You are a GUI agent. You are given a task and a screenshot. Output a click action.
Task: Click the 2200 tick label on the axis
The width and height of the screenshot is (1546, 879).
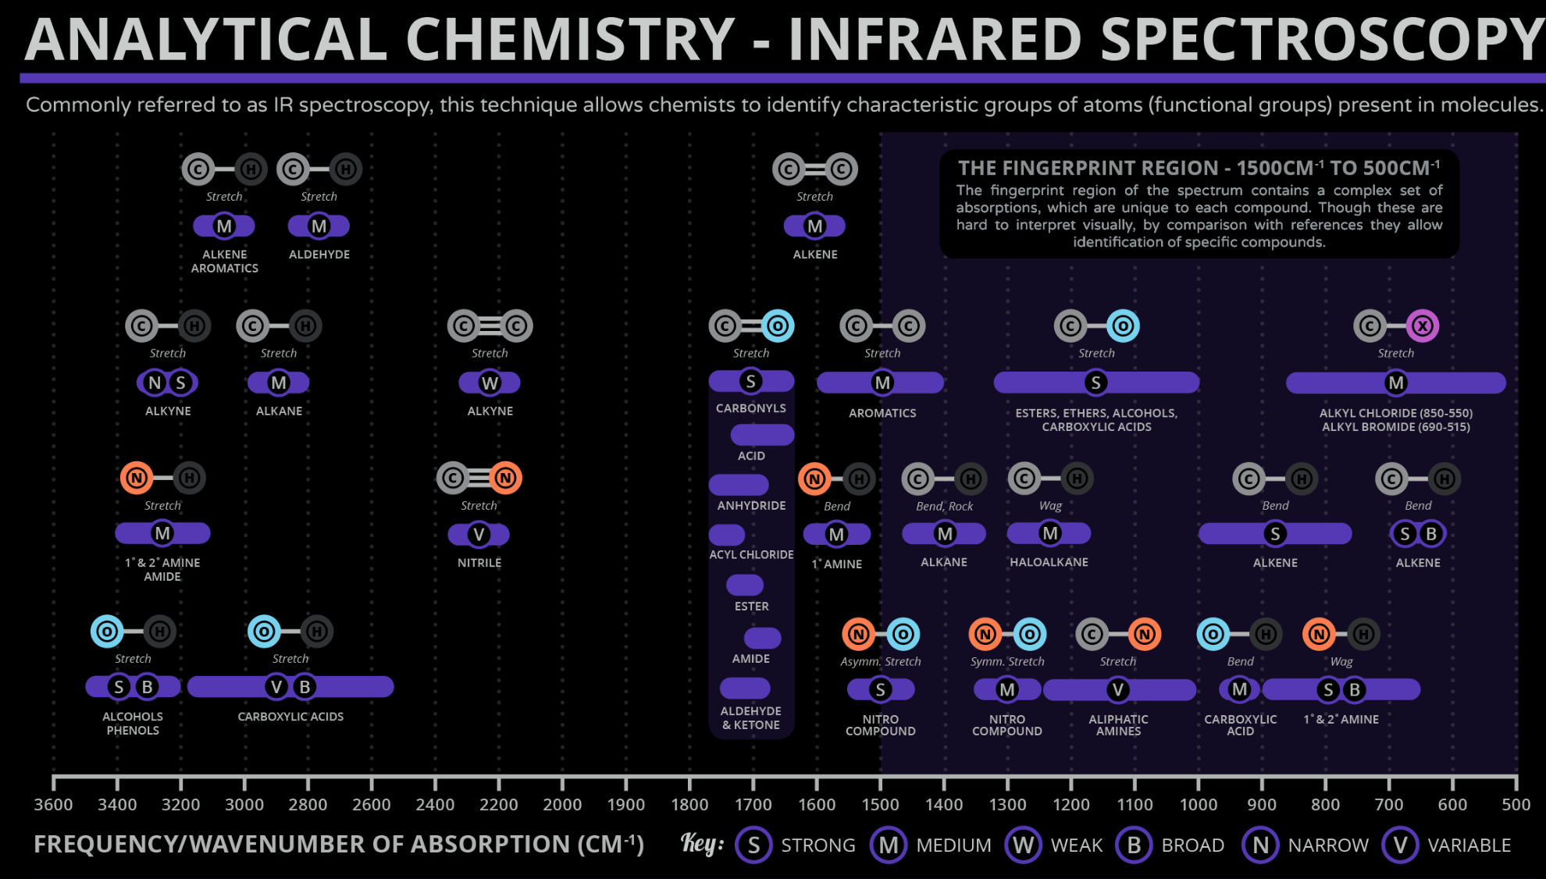coord(498,805)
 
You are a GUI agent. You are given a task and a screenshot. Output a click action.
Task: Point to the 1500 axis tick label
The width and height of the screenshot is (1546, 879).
coord(880,805)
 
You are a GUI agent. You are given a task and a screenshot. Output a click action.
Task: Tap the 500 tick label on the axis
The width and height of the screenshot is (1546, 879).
coord(1516,805)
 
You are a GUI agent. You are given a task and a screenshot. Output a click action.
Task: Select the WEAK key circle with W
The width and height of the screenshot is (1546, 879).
coord(1023,845)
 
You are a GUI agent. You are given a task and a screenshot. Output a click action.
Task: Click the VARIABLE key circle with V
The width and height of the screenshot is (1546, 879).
coord(1400,845)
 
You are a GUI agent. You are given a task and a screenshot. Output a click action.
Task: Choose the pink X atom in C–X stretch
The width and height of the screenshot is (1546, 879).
coord(1422,326)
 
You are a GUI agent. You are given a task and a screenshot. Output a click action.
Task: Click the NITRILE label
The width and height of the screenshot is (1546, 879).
coord(479,563)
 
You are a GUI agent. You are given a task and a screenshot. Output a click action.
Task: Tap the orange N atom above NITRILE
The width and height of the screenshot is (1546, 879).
coord(505,478)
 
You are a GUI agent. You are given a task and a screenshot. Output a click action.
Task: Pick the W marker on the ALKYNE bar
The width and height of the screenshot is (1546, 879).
coord(490,383)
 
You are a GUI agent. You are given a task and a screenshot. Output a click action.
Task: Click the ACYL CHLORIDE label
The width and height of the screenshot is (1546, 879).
coord(751,554)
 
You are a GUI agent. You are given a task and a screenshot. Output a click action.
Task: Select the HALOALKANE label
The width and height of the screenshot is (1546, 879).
coord(1049,562)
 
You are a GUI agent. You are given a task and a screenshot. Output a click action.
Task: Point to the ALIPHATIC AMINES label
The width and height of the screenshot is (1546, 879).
coord(1118,725)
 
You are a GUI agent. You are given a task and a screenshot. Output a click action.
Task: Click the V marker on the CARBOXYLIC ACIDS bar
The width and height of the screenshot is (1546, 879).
coord(276,687)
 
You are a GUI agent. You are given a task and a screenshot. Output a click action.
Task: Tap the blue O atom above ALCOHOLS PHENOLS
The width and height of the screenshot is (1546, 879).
coord(107,632)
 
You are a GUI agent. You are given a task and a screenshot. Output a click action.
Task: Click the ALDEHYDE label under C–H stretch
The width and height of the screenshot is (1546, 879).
coord(319,254)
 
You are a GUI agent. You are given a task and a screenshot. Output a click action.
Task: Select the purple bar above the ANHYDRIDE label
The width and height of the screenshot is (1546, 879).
coord(739,485)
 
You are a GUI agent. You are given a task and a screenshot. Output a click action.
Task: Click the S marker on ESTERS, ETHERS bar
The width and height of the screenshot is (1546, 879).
coord(1095,383)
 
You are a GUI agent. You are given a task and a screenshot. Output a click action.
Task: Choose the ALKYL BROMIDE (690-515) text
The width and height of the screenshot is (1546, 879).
coord(1395,427)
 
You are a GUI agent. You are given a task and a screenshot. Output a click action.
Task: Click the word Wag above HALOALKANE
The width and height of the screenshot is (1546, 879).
coord(1050,506)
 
